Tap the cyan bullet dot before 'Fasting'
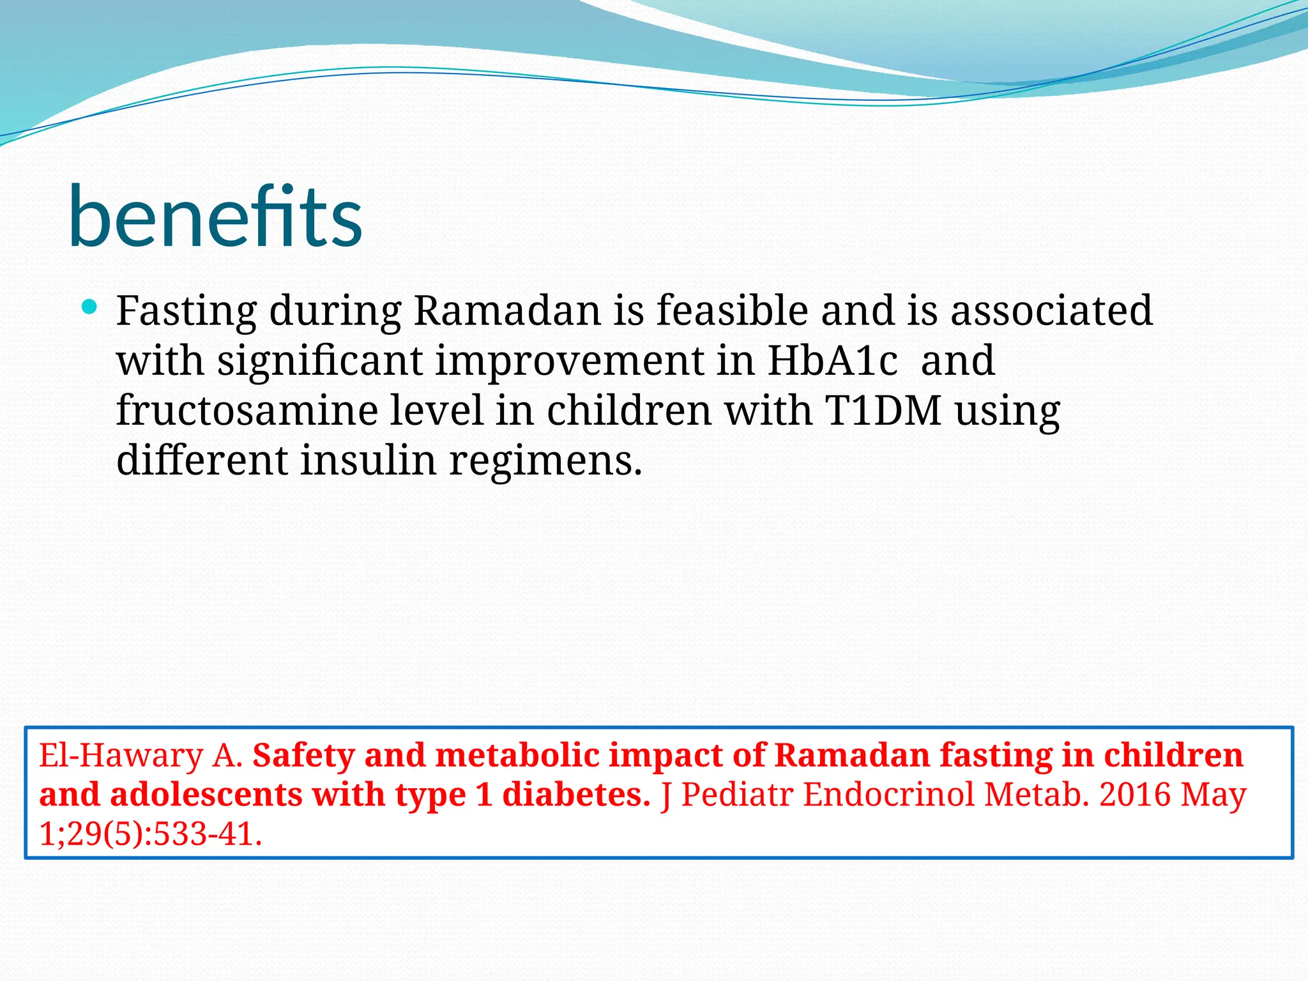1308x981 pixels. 89,307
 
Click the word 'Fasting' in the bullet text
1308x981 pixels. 186,311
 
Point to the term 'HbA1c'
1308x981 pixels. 832,360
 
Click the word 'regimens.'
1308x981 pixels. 545,461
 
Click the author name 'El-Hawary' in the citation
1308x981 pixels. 121,756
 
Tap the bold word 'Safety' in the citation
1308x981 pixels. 303,756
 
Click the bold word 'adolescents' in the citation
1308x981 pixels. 206,795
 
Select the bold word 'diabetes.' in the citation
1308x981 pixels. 576,795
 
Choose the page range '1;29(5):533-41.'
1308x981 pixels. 151,834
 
